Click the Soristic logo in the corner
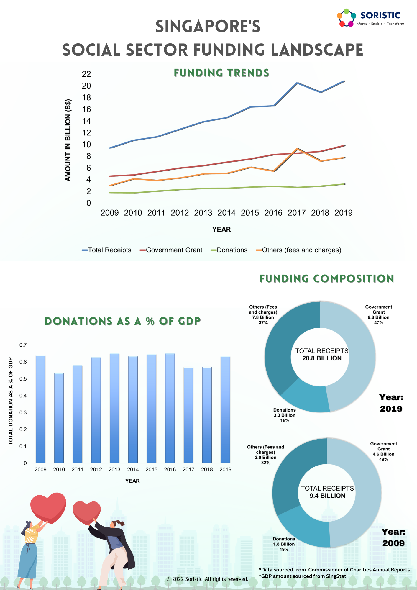[x=371, y=18]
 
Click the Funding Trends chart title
[x=221, y=73]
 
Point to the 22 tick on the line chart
[x=86, y=74]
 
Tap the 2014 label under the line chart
[x=226, y=213]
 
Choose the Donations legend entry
[x=229, y=250]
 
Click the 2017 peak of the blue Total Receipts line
[x=297, y=83]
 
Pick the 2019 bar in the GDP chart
[x=225, y=410]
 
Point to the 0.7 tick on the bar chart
[x=23, y=345]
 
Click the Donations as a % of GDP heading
[x=123, y=321]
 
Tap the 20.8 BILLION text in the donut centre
[x=322, y=358]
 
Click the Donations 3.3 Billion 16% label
[x=284, y=415]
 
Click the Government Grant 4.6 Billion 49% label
[x=383, y=451]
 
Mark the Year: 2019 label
[x=391, y=403]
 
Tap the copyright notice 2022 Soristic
[x=207, y=579]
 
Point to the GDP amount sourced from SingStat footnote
[x=302, y=576]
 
